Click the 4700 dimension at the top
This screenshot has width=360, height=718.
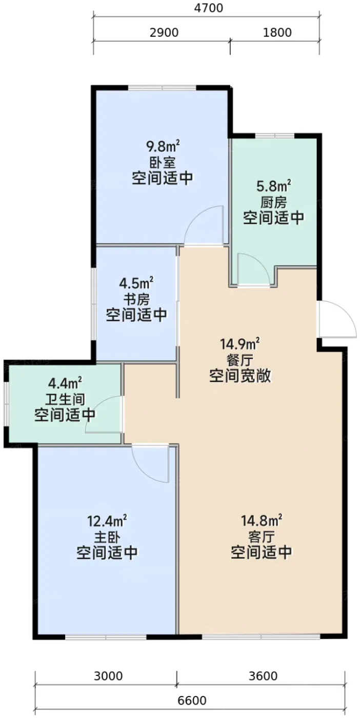point(208,8)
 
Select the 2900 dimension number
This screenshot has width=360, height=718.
point(164,33)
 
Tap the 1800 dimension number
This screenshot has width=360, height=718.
point(277,33)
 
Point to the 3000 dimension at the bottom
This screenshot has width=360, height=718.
point(108,676)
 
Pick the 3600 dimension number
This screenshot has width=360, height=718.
point(263,676)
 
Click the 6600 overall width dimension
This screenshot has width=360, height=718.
point(192,701)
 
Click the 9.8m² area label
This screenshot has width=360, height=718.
point(163,147)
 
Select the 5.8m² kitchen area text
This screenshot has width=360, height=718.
point(273,186)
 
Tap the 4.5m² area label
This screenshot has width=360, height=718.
point(136,283)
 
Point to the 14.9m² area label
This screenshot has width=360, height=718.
point(239,345)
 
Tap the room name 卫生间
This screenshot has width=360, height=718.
point(65,400)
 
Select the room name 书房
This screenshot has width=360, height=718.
point(136,300)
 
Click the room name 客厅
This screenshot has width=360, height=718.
point(262,537)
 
